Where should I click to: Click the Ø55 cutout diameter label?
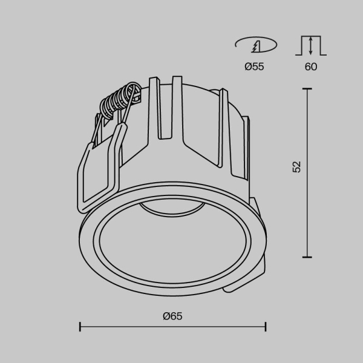pyautogui.click(x=254, y=67)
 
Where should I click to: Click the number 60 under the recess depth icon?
pyautogui.click(x=311, y=67)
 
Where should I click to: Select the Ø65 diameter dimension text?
pyautogui.click(x=172, y=316)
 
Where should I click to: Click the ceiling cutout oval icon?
pyautogui.click(x=255, y=45)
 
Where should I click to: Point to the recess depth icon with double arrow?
pyautogui.click(x=311, y=46)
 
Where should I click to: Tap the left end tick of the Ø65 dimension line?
pyautogui.click(x=80, y=327)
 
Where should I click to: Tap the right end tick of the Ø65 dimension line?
pyautogui.click(x=266, y=327)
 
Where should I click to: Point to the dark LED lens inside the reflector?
pyautogui.click(x=172, y=209)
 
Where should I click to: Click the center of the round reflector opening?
pyautogui.click(x=172, y=248)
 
